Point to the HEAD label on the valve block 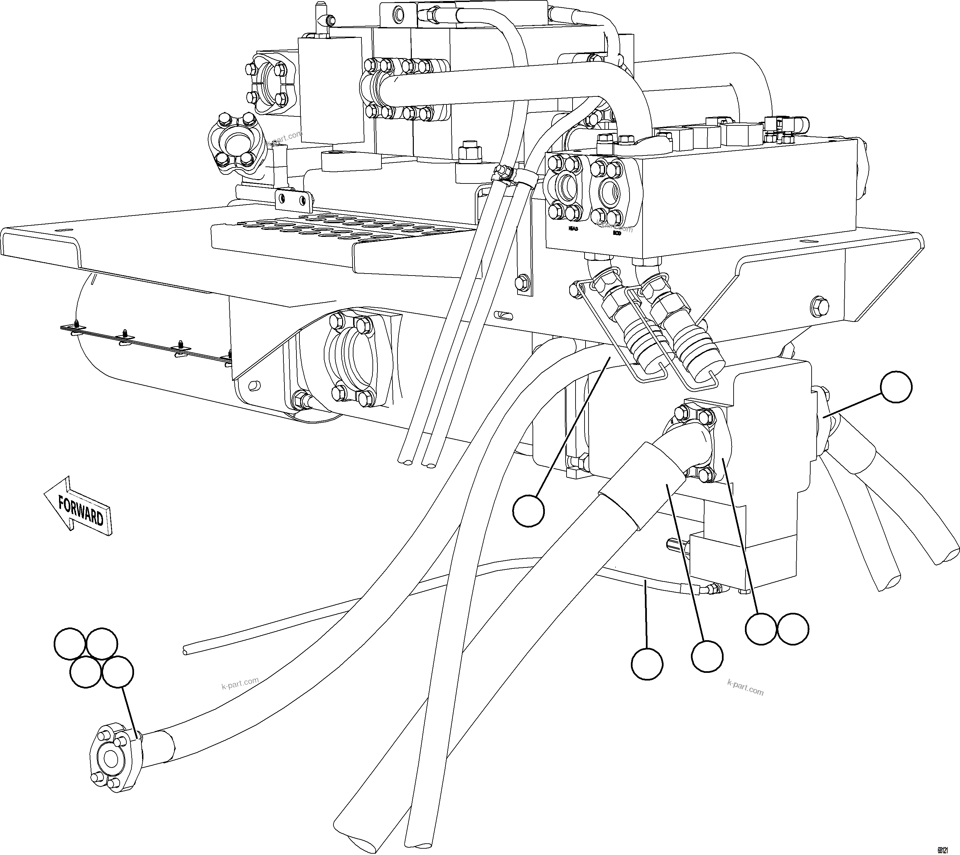click(x=573, y=229)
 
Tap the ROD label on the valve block click(x=617, y=233)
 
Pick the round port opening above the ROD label click(x=611, y=192)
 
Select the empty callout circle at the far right click(x=896, y=387)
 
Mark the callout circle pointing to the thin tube click(x=647, y=664)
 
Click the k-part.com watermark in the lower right click(x=745, y=688)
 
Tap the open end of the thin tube click(x=185, y=651)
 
